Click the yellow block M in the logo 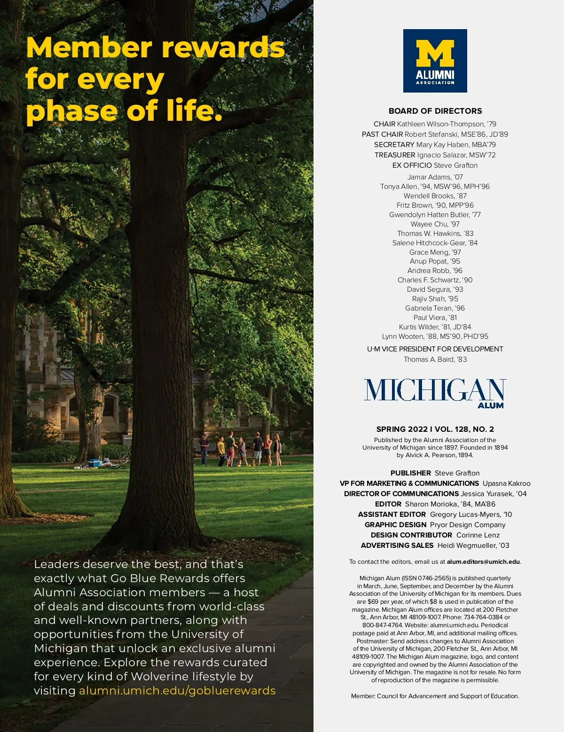(435, 53)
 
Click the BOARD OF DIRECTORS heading (435, 111)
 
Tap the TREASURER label (395, 155)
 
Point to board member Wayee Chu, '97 (435, 224)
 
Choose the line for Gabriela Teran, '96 (435, 308)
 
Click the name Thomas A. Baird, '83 (435, 359)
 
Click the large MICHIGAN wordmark (434, 390)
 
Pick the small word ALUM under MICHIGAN (490, 405)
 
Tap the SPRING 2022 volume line (435, 429)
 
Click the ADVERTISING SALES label (397, 545)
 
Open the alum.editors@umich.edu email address (483, 562)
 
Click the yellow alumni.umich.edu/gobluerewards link (177, 691)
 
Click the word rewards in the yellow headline (223, 48)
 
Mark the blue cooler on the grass (94, 463)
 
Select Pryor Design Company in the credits (468, 525)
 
